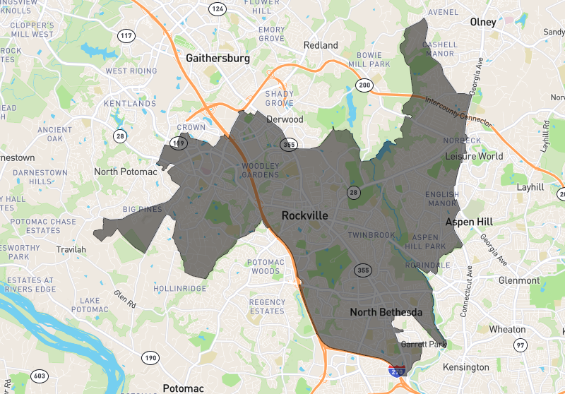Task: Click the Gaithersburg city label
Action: [218, 59]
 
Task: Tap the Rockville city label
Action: [304, 215]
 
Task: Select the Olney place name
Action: [483, 22]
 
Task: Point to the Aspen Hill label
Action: [469, 222]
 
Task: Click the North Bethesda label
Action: [386, 312]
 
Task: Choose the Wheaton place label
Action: [507, 329]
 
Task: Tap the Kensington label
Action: [465, 367]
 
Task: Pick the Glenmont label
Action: [519, 280]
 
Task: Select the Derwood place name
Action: [285, 119]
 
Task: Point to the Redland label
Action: [321, 45]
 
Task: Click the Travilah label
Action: [71, 249]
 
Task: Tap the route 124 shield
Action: [218, 9]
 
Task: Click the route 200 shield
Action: [364, 85]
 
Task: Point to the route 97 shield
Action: [521, 345]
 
